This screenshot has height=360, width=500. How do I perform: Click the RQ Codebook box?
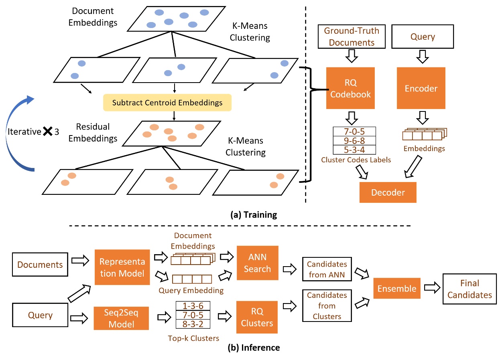350,88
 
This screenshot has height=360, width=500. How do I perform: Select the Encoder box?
421,88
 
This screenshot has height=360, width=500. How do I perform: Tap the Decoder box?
388,192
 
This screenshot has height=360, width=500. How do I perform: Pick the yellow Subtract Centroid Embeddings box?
167,103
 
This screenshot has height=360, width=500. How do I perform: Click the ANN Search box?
257,263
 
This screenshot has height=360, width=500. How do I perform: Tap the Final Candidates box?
470,289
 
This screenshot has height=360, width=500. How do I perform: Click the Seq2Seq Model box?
122,318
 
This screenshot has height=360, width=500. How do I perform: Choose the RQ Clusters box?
257,318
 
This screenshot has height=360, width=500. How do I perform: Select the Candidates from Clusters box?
327,305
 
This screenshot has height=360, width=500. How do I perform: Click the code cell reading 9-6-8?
354,141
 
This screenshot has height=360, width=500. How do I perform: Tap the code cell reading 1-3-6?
193,306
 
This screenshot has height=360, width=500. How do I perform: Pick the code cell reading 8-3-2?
193,324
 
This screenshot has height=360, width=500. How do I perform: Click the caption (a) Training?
254,215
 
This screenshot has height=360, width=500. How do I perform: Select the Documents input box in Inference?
40,265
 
